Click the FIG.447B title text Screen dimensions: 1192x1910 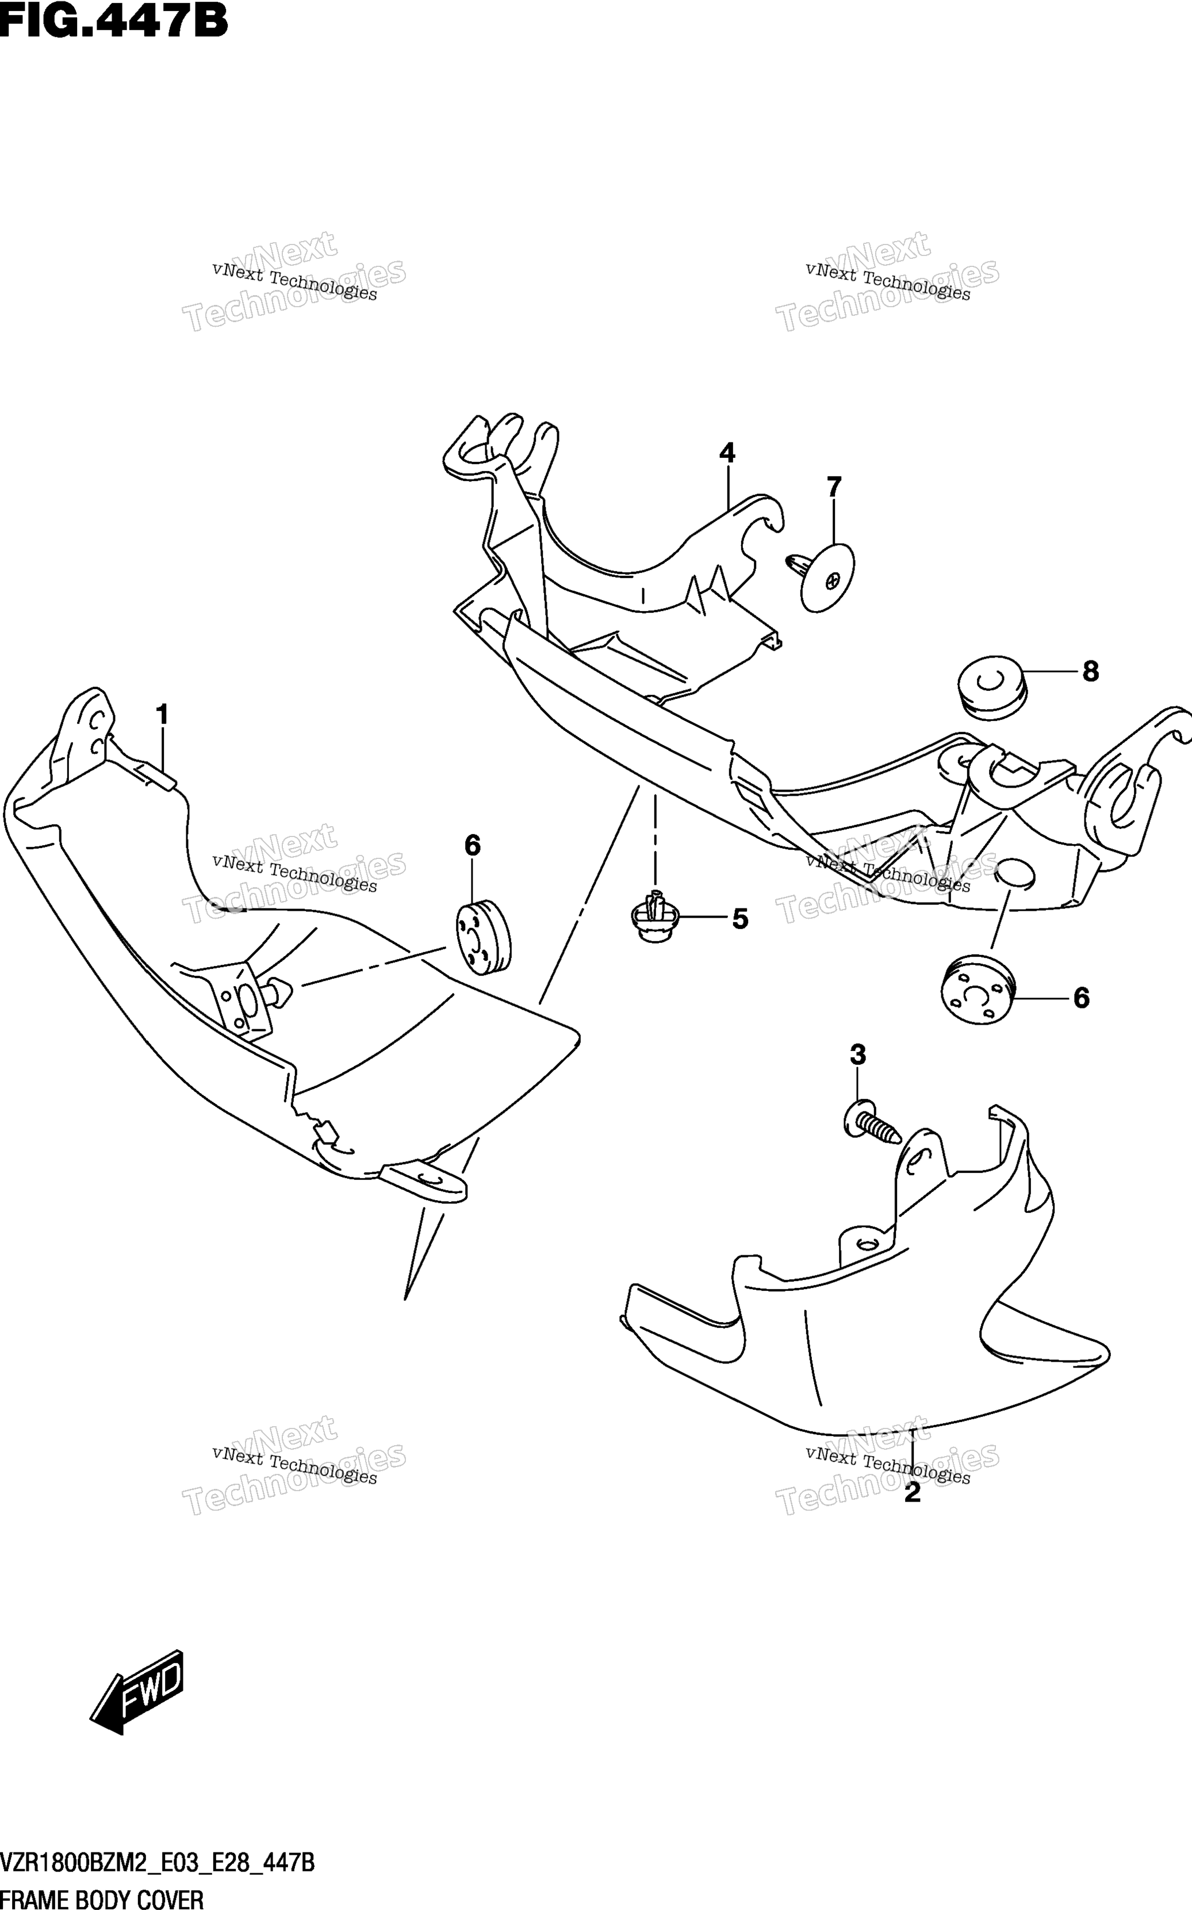click(x=113, y=21)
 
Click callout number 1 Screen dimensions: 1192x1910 click(x=162, y=715)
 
